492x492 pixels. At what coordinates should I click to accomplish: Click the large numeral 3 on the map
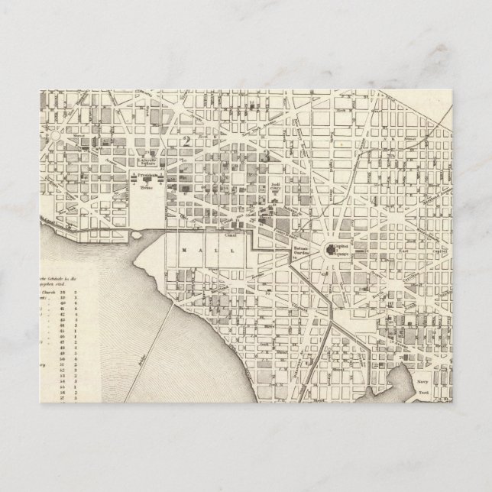pos(264,154)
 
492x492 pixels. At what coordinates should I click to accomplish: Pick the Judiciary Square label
pos(277,189)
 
